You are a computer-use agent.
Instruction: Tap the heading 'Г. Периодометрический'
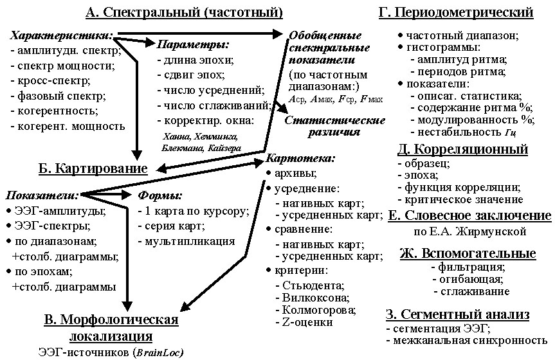[x=456, y=12]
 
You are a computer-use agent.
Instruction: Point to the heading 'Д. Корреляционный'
[x=463, y=149]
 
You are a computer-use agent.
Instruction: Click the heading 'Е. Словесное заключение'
[x=469, y=216]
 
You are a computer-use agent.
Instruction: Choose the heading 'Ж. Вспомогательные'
[x=468, y=253]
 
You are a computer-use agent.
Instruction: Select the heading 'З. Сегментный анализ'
[x=458, y=314]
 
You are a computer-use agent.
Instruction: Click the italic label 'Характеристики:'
[x=62, y=36]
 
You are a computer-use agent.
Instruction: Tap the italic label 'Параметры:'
[x=193, y=44]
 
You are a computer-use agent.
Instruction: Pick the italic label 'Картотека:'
[x=300, y=158]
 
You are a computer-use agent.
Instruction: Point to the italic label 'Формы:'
[x=160, y=195]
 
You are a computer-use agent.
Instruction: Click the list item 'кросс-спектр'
[x=54, y=80]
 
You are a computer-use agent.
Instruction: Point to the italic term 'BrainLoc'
[x=158, y=352]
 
